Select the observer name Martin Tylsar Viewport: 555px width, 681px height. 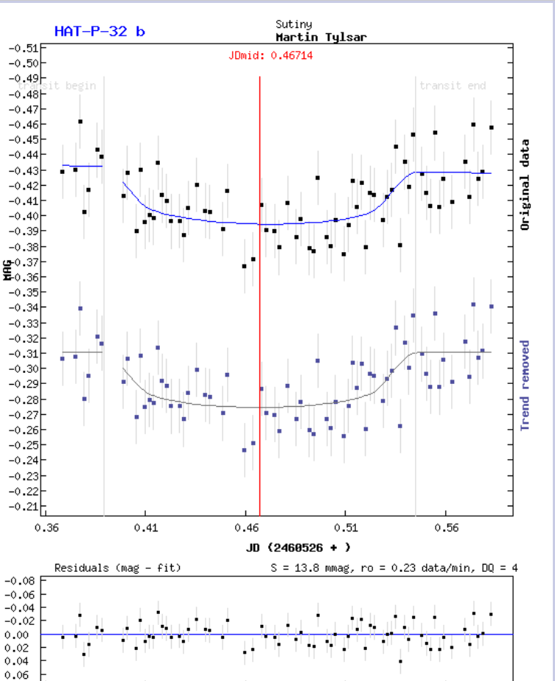(321, 37)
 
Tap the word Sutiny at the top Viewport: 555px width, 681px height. (293, 24)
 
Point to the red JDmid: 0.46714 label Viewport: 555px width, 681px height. (270, 55)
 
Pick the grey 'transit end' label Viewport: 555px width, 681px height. (453, 85)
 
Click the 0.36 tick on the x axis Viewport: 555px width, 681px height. (46, 528)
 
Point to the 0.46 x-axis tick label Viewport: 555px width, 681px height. (247, 528)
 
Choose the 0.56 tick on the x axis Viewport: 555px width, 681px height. (447, 528)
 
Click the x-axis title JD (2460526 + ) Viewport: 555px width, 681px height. (298, 547)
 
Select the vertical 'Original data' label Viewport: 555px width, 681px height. (525, 184)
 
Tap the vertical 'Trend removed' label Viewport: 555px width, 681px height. (525, 385)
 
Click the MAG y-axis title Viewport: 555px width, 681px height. (8, 272)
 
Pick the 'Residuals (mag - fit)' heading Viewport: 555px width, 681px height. (117, 567)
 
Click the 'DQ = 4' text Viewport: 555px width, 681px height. (500, 567)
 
